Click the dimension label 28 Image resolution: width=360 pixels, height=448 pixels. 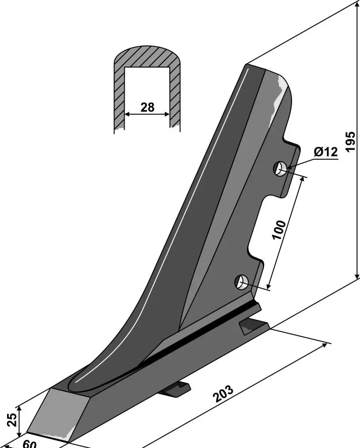tap(147, 107)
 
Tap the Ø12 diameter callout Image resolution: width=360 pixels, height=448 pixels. tap(326, 152)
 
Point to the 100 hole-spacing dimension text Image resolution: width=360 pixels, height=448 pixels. tap(279, 230)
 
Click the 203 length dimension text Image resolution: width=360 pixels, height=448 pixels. tap(224, 394)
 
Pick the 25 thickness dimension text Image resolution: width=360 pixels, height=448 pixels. tap(12, 420)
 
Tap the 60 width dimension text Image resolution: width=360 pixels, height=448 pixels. tap(30, 444)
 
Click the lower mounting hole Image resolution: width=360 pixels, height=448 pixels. tap(241, 282)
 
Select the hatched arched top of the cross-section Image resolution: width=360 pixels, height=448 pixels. tap(147, 58)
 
